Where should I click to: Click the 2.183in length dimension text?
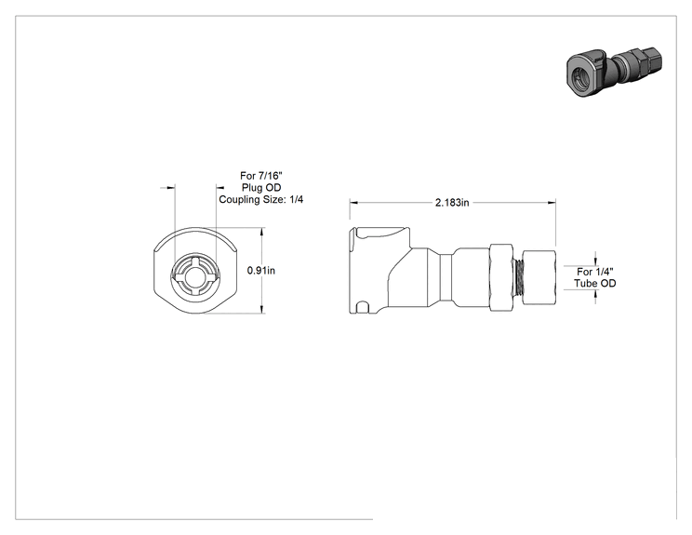[x=452, y=203]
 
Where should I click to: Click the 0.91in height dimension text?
[x=260, y=270]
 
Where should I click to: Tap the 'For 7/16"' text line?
[x=261, y=176]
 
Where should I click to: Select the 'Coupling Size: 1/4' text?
[x=261, y=199]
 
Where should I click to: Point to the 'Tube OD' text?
[x=595, y=284]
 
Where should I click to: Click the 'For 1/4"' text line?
[x=595, y=272]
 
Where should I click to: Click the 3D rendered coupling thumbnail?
[x=614, y=72]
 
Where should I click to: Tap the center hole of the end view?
[x=195, y=277]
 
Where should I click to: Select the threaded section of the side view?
[x=519, y=278]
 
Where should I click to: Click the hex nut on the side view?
[x=502, y=278]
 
